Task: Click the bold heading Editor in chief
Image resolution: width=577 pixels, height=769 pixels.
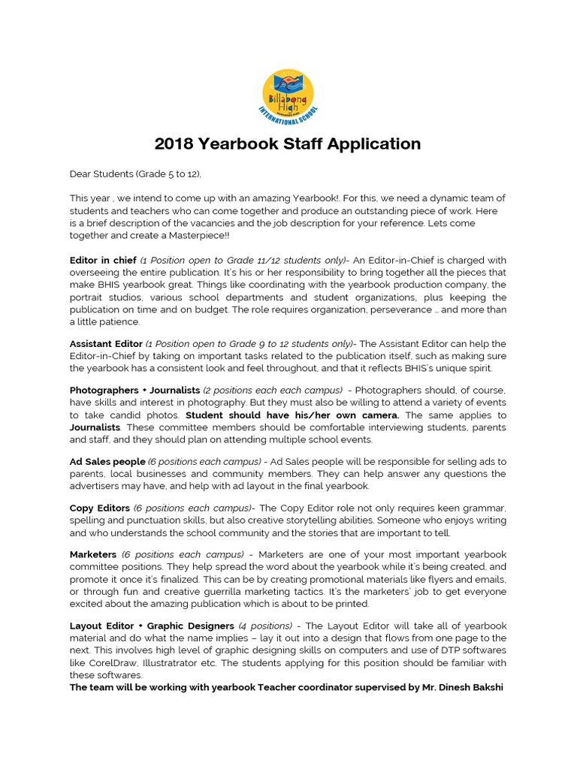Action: [103, 261]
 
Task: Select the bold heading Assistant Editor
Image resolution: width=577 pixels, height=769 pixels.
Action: [106, 343]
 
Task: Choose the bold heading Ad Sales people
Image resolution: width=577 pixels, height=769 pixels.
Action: [107, 461]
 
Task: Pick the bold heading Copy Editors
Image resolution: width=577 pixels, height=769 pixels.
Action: [100, 508]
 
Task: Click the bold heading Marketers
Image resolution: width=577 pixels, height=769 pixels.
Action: [93, 554]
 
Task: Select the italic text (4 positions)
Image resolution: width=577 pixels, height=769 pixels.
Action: [265, 626]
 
